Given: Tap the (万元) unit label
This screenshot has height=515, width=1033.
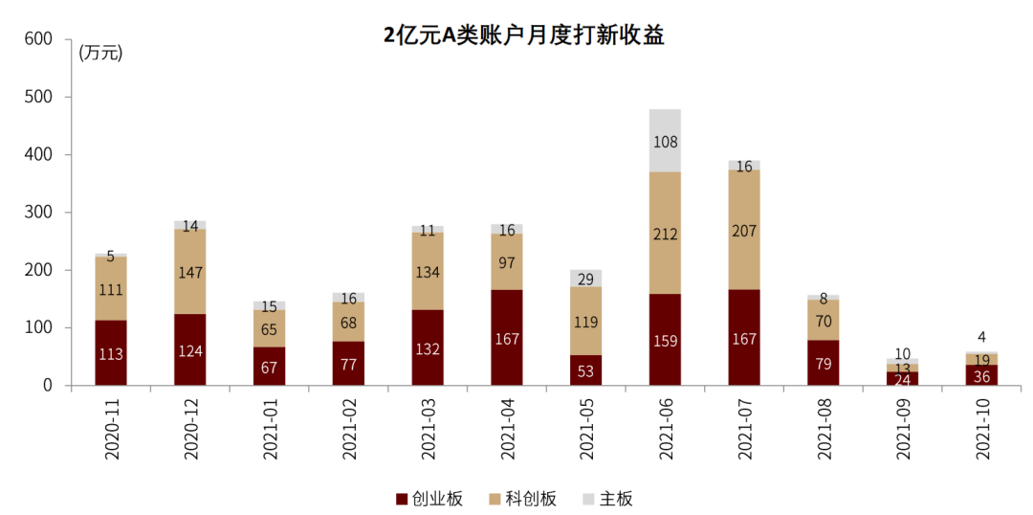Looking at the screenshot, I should pyautogui.click(x=100, y=54).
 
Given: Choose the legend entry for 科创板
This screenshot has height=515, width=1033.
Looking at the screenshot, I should pyautogui.click(x=521, y=499).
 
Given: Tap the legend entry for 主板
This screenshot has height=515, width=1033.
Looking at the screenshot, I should pyautogui.click(x=606, y=499).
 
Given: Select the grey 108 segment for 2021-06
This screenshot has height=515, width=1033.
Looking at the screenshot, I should pyautogui.click(x=665, y=141).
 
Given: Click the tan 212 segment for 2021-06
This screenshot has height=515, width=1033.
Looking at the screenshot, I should pyautogui.click(x=665, y=233).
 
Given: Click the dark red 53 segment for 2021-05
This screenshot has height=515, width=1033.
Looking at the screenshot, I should pyautogui.click(x=585, y=370).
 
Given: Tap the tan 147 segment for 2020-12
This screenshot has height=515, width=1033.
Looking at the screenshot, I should pyautogui.click(x=190, y=272).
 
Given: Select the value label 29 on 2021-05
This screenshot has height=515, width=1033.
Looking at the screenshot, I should pyautogui.click(x=585, y=279).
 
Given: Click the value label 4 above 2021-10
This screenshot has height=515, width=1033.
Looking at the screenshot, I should pyautogui.click(x=982, y=336).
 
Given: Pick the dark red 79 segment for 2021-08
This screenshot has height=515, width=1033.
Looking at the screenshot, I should pyautogui.click(x=824, y=363).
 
